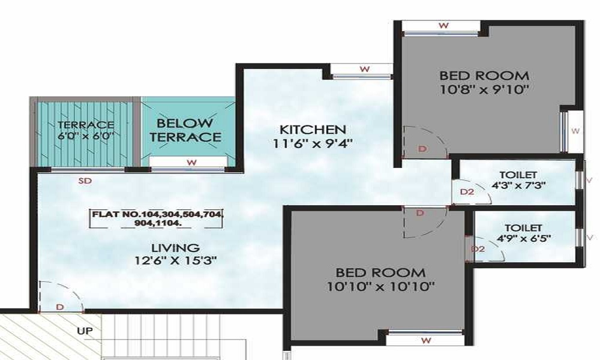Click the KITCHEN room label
(313, 130)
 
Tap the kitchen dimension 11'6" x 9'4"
(313, 144)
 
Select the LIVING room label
(175, 248)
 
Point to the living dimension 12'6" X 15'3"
(176, 261)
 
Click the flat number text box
(157, 219)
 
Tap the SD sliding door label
(85, 181)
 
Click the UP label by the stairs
(85, 331)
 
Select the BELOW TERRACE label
(185, 130)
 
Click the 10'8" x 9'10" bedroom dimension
(484, 90)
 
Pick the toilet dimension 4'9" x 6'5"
(523, 238)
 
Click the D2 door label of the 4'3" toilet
(467, 191)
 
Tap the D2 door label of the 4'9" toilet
(478, 249)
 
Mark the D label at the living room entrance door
(59, 307)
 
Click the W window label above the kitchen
(365, 69)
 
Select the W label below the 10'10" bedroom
(426, 340)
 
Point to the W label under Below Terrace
(192, 163)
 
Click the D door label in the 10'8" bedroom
(422, 149)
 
